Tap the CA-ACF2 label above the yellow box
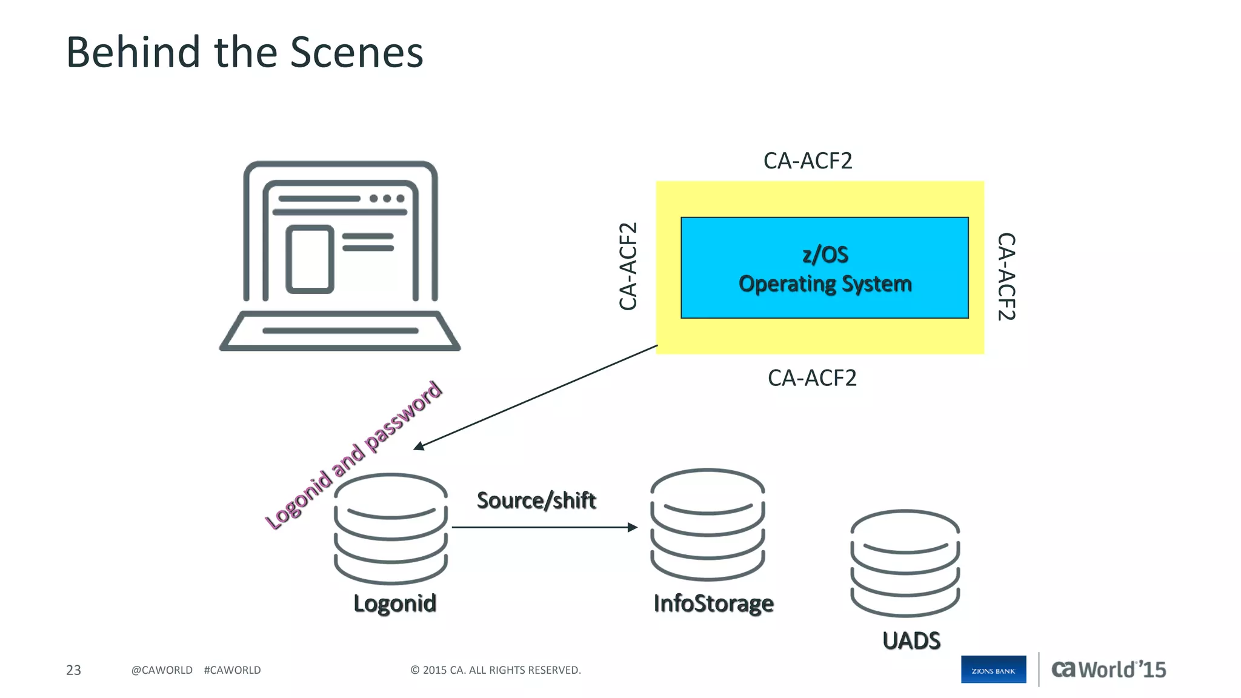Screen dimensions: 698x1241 point(807,161)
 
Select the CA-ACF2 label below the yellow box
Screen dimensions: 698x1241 point(811,378)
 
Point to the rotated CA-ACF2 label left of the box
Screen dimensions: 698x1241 point(628,267)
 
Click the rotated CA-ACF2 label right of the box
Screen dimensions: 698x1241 point(1006,276)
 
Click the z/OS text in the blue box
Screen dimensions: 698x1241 point(825,254)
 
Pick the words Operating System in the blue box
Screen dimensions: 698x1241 point(825,284)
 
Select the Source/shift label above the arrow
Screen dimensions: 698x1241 point(536,500)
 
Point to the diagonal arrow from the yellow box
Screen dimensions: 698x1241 point(536,397)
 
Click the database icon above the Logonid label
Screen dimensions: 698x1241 point(391,528)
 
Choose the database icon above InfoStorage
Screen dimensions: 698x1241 point(707,524)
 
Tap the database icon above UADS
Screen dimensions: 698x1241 point(905,563)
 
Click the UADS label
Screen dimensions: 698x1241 point(911,641)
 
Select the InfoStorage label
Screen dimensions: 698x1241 point(713,603)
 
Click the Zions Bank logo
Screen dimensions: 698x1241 point(993,670)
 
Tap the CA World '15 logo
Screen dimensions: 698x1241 point(1108,670)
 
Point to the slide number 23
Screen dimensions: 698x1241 point(73,670)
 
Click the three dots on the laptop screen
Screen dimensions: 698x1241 point(387,199)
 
